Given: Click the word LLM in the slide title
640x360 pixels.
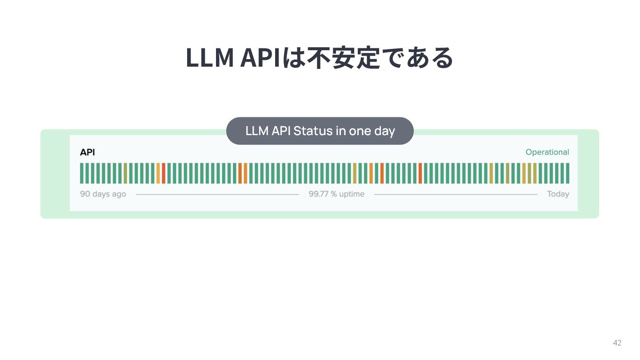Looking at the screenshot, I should (209, 58).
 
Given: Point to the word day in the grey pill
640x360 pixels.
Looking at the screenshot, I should (385, 131).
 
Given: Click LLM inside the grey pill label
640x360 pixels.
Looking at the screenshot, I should (257, 131).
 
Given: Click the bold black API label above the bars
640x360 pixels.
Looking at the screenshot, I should (87, 152).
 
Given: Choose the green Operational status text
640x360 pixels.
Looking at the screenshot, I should (547, 152).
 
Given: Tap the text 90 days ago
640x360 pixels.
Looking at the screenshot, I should (103, 194).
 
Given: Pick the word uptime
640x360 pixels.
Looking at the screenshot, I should (352, 194).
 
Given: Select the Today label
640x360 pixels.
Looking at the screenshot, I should (558, 194).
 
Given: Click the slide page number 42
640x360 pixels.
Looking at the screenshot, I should (617, 343).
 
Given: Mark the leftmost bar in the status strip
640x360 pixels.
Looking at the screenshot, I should (82, 173).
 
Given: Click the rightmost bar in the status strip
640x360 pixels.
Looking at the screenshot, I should (568, 173).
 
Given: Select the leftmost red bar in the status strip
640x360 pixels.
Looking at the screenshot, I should (164, 173).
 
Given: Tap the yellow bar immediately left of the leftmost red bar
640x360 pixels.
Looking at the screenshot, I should (158, 173).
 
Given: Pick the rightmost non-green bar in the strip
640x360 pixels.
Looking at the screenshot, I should (535, 173).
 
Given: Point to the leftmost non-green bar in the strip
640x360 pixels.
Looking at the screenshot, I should (125, 173).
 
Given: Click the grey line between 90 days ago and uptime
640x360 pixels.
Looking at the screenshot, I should (217, 194).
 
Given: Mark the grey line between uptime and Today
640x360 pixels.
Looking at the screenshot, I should (456, 194).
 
